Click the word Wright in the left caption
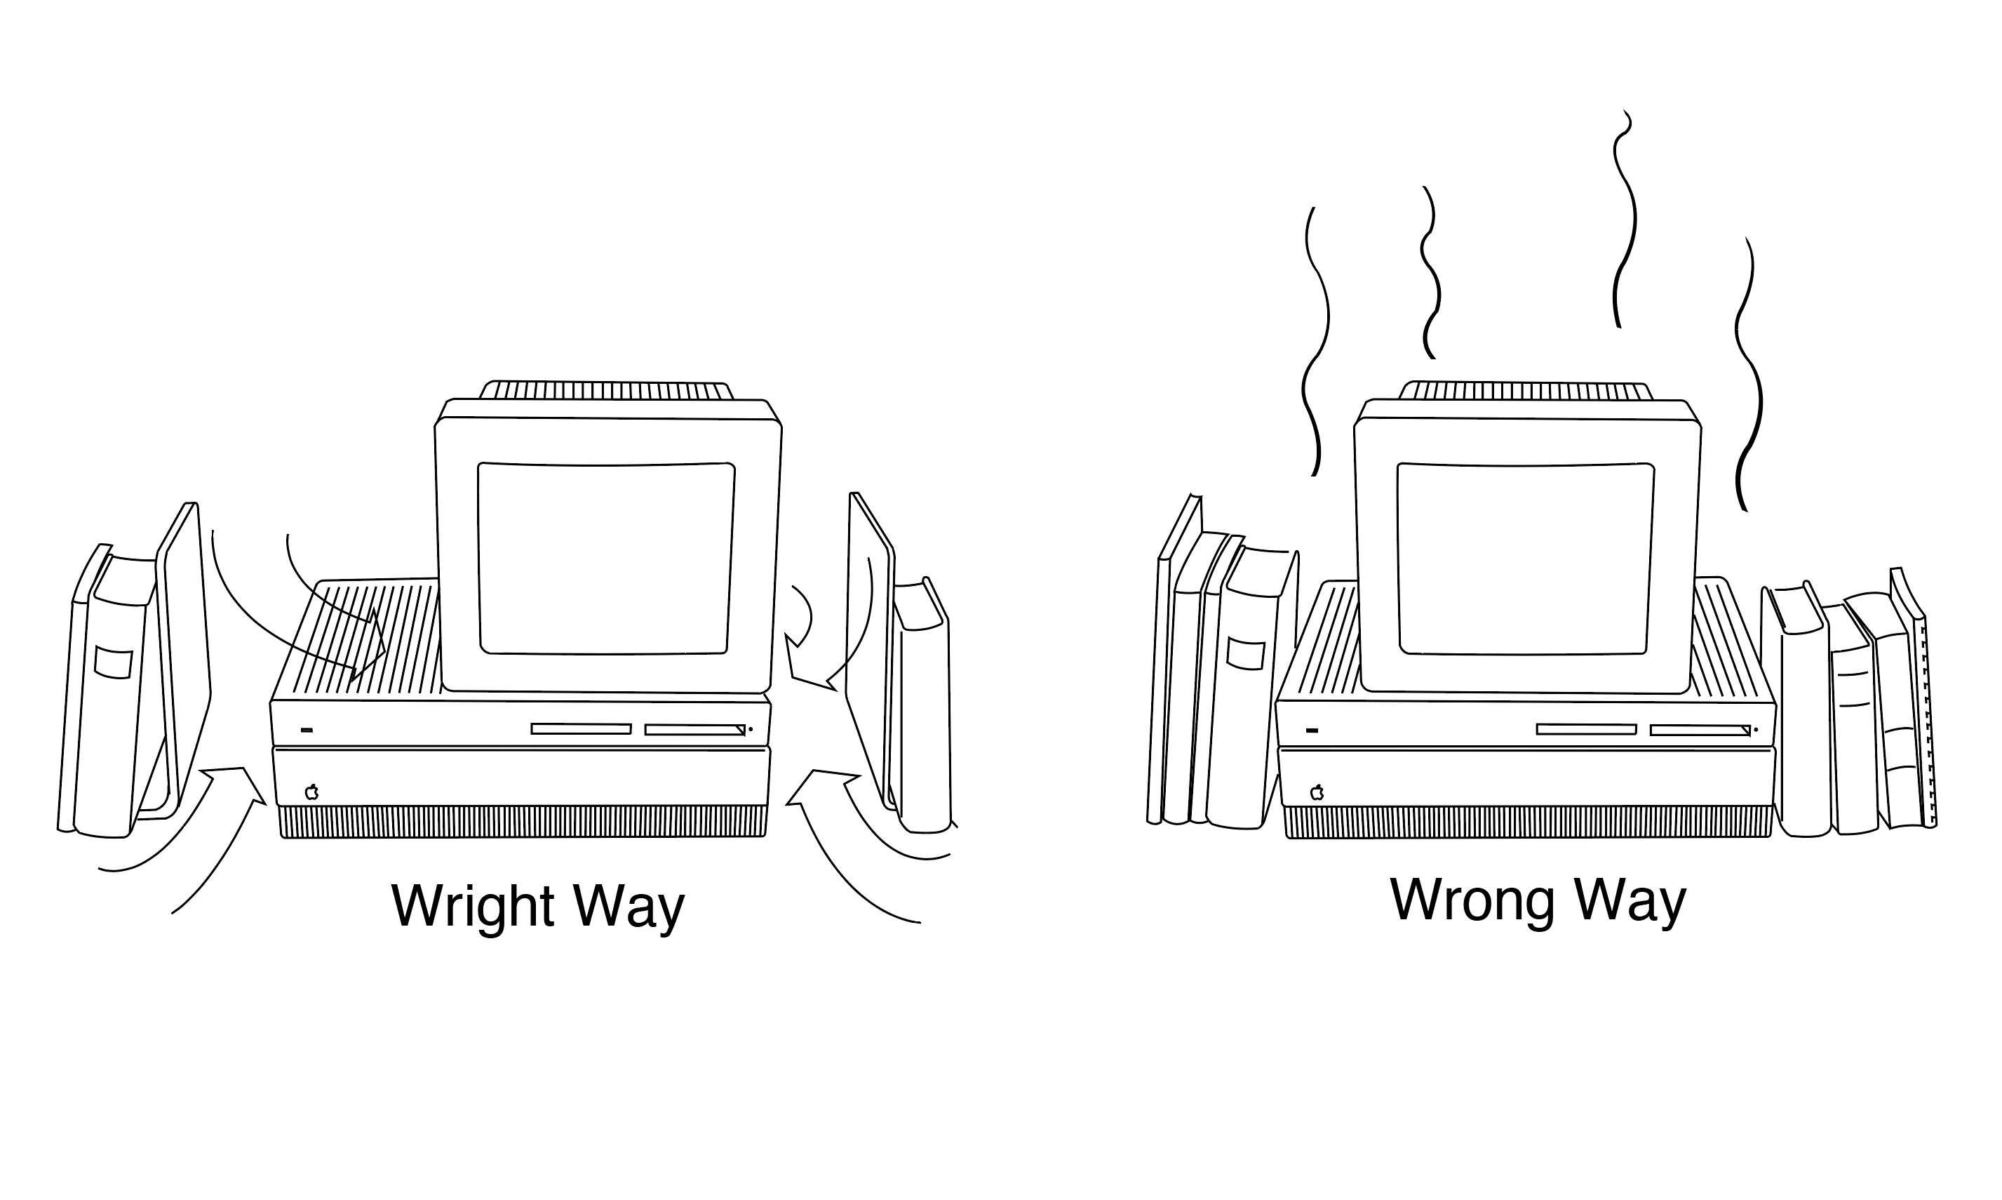[x=472, y=907]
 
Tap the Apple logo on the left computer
[x=311, y=792]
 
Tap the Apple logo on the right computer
[x=1317, y=792]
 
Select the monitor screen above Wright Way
[x=606, y=558]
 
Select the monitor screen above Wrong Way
[x=1525, y=559]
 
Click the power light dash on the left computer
[x=307, y=731]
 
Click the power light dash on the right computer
[x=1312, y=731]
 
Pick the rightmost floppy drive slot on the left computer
[x=694, y=729]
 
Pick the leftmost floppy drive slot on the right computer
[x=1586, y=729]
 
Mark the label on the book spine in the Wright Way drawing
[x=112, y=662]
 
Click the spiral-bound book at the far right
[x=1926, y=720]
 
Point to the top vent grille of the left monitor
[x=606, y=391]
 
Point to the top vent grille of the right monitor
[x=1525, y=392]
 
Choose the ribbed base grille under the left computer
[x=523, y=821]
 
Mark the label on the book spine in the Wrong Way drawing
[x=1246, y=653]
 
